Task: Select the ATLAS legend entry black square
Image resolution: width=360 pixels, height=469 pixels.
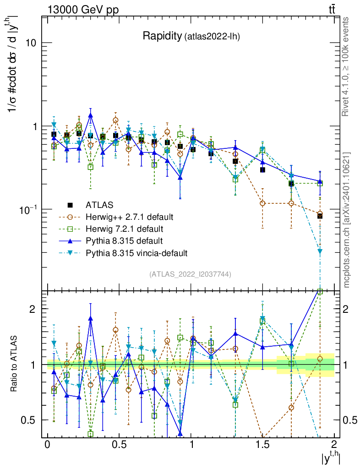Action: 70,204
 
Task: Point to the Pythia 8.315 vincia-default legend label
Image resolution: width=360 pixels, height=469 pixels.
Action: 136,252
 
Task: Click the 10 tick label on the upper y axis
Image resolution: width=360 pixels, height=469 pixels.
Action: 30,43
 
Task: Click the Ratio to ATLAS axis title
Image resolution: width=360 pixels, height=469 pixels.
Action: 15,364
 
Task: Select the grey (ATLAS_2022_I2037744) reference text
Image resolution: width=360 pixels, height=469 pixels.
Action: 190,274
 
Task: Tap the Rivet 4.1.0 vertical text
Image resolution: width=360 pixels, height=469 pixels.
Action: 347,66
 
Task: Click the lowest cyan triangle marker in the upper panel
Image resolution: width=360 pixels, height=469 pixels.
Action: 320,251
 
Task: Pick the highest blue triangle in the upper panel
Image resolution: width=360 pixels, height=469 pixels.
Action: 91,116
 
